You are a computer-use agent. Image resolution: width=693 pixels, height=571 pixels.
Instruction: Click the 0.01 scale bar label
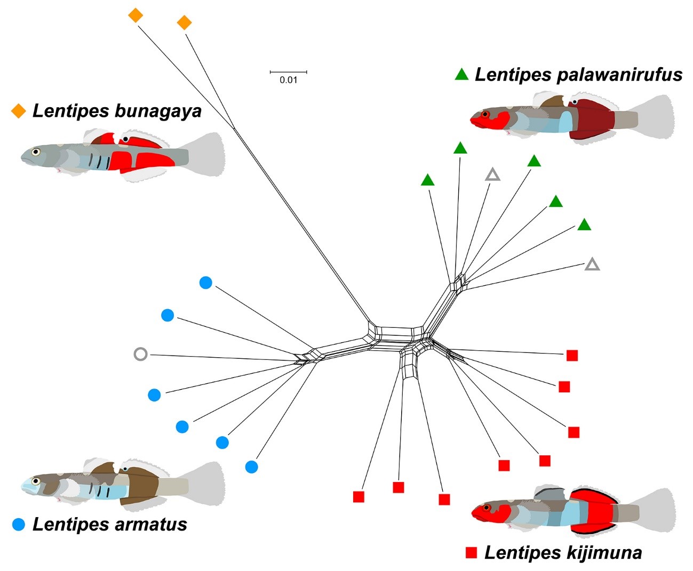click(288, 80)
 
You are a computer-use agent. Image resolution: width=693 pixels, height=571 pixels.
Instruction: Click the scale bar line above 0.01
click(288, 71)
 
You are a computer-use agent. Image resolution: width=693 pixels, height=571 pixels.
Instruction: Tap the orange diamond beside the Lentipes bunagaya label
click(19, 111)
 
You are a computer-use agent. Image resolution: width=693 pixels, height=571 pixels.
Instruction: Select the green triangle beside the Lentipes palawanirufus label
click(461, 75)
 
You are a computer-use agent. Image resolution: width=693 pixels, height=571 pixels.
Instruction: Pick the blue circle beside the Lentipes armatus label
click(19, 525)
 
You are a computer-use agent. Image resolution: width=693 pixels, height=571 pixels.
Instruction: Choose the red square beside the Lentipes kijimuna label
click(471, 552)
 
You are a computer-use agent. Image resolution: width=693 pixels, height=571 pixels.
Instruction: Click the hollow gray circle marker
click(140, 354)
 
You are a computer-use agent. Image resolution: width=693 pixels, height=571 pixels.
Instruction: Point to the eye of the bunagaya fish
click(35, 151)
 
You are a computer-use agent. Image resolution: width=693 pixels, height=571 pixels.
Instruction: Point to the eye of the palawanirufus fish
click(484, 115)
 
